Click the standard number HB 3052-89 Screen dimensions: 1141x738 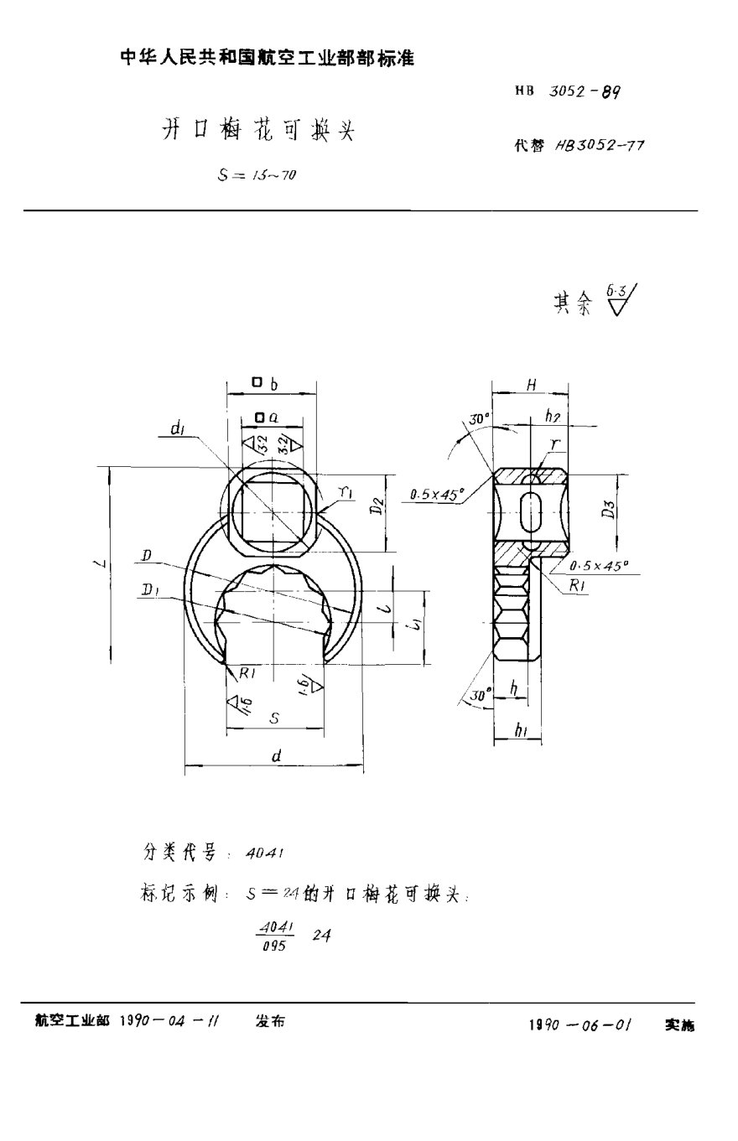tap(568, 92)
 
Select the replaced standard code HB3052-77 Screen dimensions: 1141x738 tap(600, 145)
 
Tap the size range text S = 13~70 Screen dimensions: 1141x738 tap(257, 175)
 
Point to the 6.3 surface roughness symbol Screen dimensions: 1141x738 tap(622, 300)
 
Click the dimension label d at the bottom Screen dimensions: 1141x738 tap(275, 755)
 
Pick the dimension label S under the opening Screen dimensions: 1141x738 tap(274, 718)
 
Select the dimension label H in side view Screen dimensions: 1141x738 tap(531, 385)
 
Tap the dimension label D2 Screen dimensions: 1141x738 tap(378, 506)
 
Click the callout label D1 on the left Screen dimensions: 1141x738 tap(151, 593)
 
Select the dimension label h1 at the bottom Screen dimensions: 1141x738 tap(521, 731)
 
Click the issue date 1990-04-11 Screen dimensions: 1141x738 tap(171, 1022)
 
